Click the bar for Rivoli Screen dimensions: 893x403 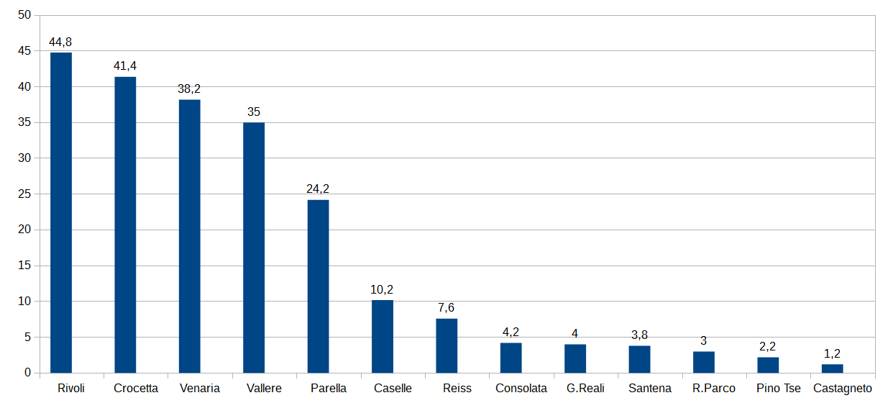click(61, 213)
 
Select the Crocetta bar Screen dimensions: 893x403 click(125, 225)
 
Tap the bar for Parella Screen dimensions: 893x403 click(318, 286)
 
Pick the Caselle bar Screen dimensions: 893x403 click(383, 336)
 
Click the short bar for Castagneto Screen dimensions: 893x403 click(833, 368)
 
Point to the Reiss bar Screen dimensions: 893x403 click(446, 345)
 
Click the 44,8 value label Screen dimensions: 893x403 click(60, 42)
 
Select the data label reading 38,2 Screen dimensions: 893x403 click(189, 89)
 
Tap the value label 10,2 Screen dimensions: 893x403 click(382, 289)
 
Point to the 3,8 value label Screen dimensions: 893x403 click(639, 335)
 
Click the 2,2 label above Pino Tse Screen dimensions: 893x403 click(767, 346)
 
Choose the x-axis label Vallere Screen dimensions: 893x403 click(264, 388)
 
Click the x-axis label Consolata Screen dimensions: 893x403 click(521, 388)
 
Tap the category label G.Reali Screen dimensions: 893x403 click(585, 388)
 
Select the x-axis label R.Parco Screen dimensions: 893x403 click(713, 388)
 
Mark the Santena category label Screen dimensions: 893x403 click(650, 388)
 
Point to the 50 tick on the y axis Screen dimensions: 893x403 click(24, 15)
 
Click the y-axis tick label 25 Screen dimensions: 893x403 click(24, 194)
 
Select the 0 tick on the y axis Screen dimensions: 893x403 click(27, 373)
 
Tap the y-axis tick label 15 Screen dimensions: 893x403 click(24, 266)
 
